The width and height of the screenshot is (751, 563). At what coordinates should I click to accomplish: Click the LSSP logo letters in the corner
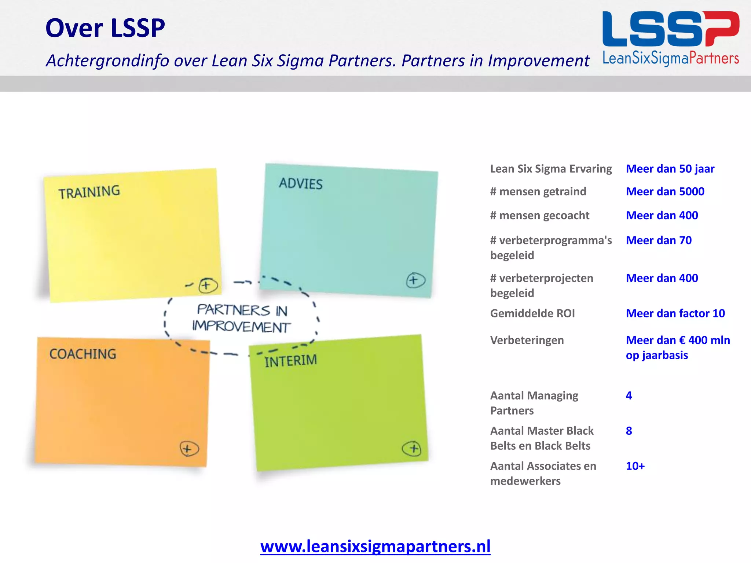pyautogui.click(x=670, y=29)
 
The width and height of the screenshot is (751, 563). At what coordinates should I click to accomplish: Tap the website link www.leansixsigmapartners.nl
pyautogui.click(x=375, y=546)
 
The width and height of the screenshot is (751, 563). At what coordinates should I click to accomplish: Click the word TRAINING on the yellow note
pyautogui.click(x=89, y=192)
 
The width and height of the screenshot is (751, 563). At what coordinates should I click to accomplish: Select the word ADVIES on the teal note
pyautogui.click(x=301, y=183)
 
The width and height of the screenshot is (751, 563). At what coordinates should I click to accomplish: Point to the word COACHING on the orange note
pyautogui.click(x=83, y=354)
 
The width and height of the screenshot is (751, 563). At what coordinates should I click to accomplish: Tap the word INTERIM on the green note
pyautogui.click(x=290, y=361)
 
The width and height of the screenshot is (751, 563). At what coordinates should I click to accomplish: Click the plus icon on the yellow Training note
pyautogui.click(x=208, y=285)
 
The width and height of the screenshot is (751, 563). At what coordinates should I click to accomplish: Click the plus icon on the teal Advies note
pyautogui.click(x=415, y=280)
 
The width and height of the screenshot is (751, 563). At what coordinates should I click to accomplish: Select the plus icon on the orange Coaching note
pyautogui.click(x=189, y=449)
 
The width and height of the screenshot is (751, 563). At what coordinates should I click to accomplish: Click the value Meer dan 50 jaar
pyautogui.click(x=670, y=169)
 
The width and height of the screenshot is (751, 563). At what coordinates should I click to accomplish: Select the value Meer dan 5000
pyautogui.click(x=665, y=191)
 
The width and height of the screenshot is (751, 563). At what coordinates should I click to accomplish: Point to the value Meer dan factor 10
pyautogui.click(x=675, y=313)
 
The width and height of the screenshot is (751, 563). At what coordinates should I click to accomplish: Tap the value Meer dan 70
pyautogui.click(x=659, y=240)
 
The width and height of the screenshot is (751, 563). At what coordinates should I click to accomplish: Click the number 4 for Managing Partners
pyautogui.click(x=629, y=395)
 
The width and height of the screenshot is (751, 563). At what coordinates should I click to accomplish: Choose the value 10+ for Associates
pyautogui.click(x=635, y=466)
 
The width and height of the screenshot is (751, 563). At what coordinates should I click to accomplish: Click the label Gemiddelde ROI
pyautogui.click(x=532, y=313)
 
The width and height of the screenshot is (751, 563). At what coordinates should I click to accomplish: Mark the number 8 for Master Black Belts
pyautogui.click(x=629, y=431)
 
